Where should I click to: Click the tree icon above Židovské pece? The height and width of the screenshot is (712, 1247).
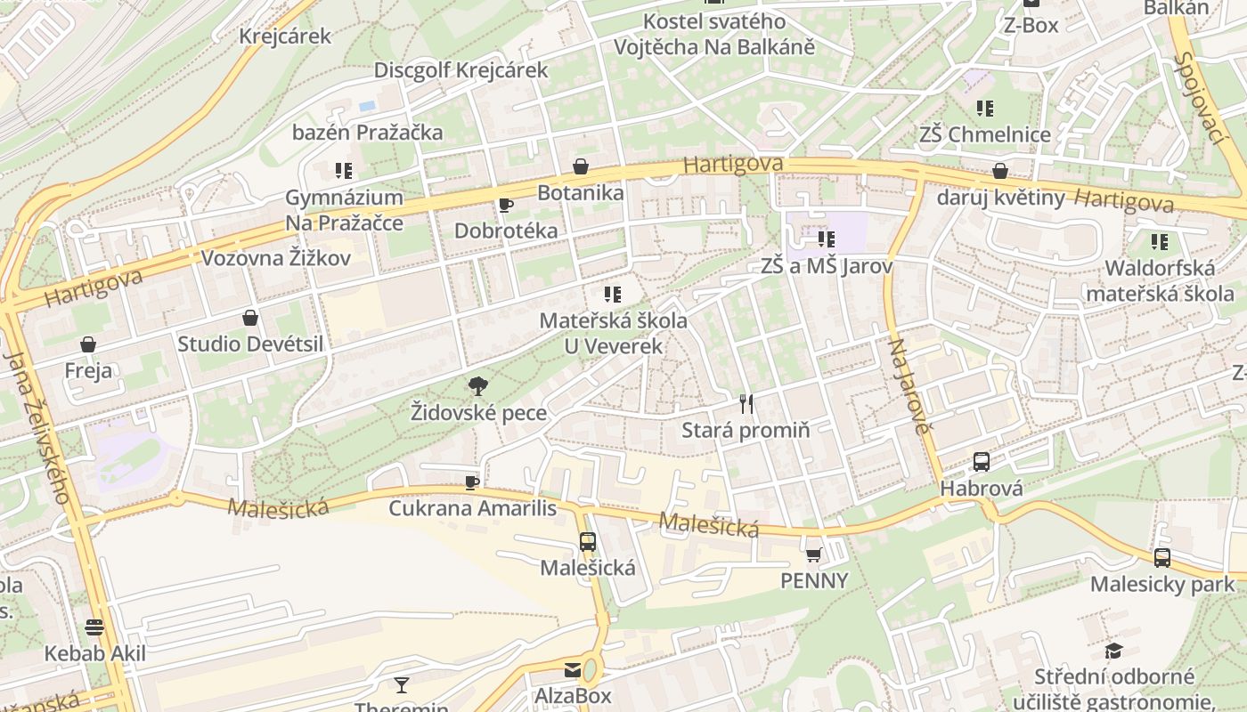(x=478, y=385)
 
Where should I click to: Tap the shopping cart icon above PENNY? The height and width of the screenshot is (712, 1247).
(x=813, y=555)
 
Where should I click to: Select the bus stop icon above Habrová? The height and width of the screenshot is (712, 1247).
(x=982, y=462)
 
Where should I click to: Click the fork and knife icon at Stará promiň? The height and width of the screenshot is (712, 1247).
(x=746, y=404)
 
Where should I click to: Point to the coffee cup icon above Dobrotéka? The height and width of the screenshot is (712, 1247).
(x=506, y=206)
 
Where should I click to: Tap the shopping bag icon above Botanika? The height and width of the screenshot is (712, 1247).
(x=581, y=166)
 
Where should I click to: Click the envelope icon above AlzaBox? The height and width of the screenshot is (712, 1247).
(x=573, y=670)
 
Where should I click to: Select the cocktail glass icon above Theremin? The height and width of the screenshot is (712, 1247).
(x=402, y=684)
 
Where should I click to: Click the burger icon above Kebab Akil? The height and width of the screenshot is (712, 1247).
(x=94, y=627)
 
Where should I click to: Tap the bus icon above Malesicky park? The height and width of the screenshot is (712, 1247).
(x=1162, y=558)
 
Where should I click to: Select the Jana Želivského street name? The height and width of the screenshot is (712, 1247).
(x=37, y=427)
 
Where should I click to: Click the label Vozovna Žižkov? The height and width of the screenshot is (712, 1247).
(x=276, y=258)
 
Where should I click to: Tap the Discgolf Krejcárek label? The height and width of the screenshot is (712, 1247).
(x=460, y=70)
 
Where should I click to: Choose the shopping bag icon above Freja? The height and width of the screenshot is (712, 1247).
(x=88, y=344)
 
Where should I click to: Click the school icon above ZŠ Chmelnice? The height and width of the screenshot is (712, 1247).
(x=984, y=109)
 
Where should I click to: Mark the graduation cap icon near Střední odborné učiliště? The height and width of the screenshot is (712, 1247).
(x=1113, y=651)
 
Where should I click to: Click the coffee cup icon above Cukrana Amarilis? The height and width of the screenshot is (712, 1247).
(x=472, y=482)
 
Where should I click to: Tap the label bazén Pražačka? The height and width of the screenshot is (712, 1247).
(x=367, y=133)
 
